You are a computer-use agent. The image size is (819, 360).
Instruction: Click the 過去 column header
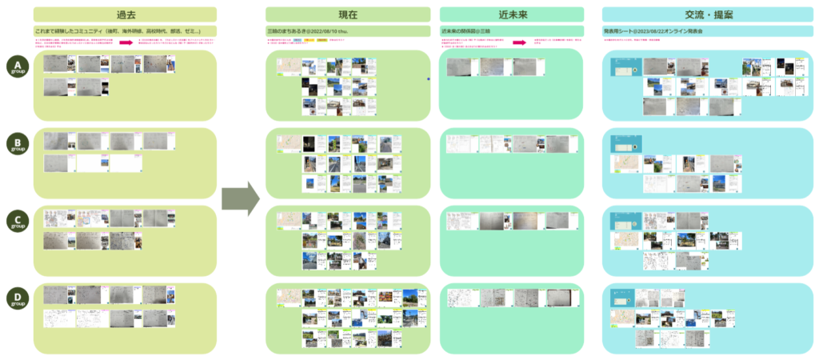pyautogui.click(x=125, y=14)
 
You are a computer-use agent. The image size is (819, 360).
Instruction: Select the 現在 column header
pyautogui.click(x=348, y=14)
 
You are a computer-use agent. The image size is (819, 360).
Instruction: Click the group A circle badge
pyautogui.click(x=17, y=66)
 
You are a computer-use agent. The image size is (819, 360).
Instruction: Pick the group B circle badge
pyautogui.click(x=17, y=144)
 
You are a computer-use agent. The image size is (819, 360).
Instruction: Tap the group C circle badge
pyautogui.click(x=17, y=221)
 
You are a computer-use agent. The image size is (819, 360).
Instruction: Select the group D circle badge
pyautogui.click(x=17, y=298)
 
